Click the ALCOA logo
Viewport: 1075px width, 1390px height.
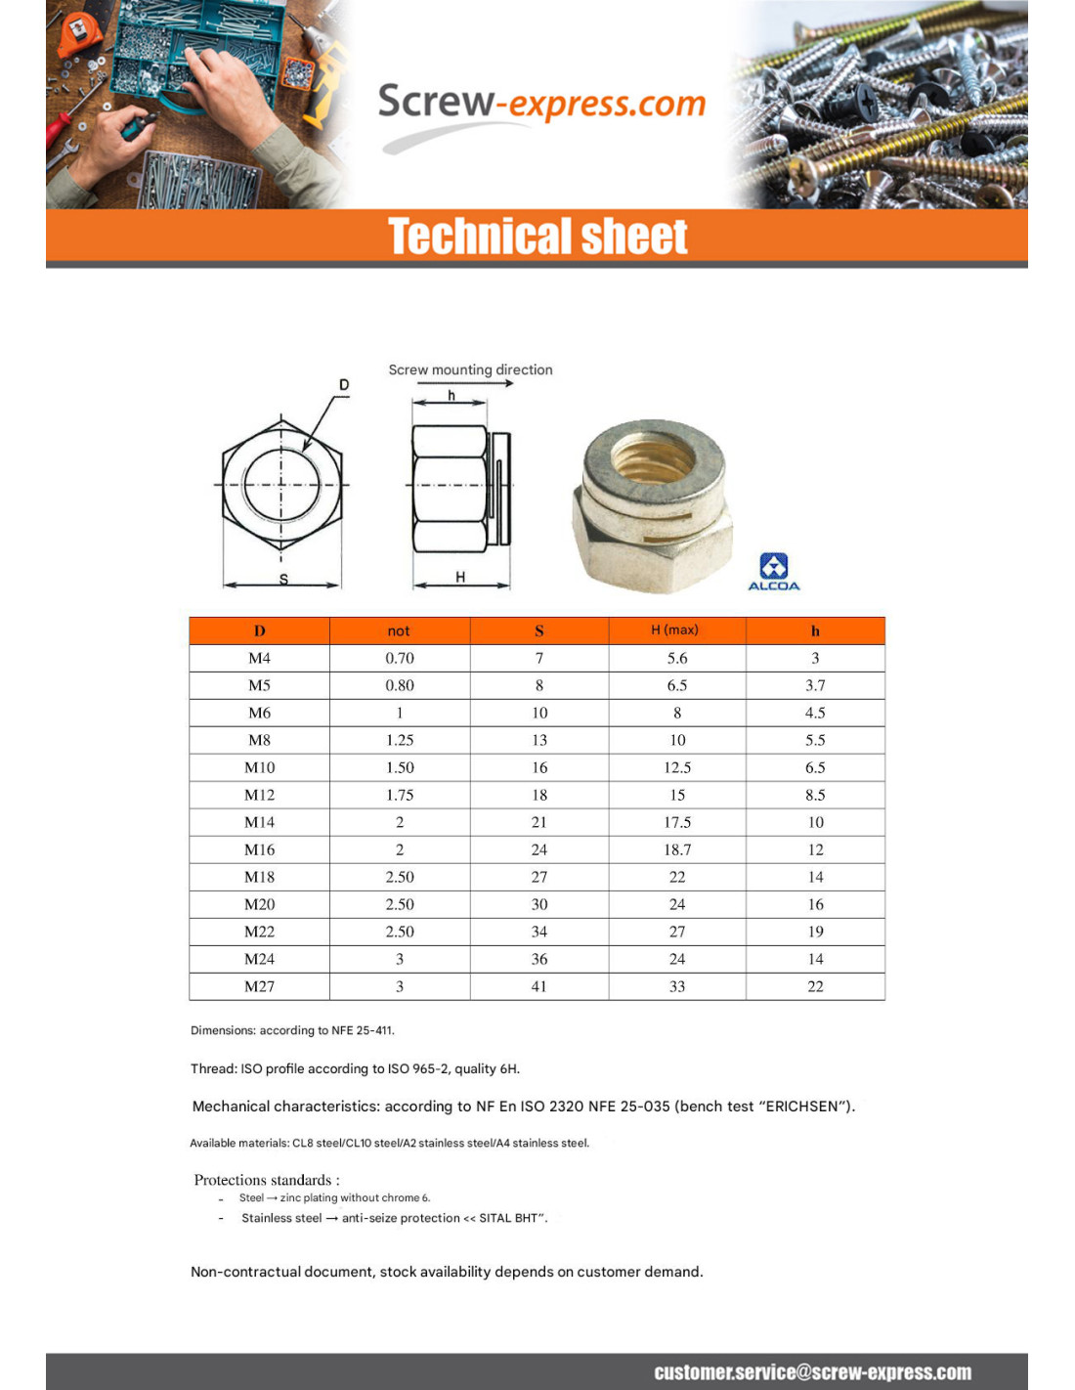click(773, 571)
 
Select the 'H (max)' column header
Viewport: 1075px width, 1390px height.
click(675, 630)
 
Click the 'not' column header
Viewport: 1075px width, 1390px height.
click(399, 631)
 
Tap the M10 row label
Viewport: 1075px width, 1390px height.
click(260, 767)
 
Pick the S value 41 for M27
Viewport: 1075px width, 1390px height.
click(539, 986)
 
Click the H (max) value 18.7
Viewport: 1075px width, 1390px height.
click(677, 849)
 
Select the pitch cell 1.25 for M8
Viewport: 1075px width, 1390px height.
click(400, 740)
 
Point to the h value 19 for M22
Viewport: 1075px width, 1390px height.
click(815, 932)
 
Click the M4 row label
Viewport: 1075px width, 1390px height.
click(260, 658)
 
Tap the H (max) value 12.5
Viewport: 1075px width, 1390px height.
click(677, 767)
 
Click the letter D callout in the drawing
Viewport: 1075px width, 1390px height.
click(344, 385)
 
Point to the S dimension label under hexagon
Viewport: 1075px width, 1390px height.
click(283, 579)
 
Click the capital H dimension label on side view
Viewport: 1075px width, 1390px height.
click(460, 577)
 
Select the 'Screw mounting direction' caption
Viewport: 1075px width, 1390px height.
click(470, 369)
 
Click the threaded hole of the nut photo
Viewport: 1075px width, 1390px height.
click(653, 456)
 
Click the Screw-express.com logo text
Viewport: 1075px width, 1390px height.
click(541, 103)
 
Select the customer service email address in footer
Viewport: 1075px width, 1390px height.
click(812, 1372)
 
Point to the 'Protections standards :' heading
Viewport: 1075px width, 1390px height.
click(267, 1180)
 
